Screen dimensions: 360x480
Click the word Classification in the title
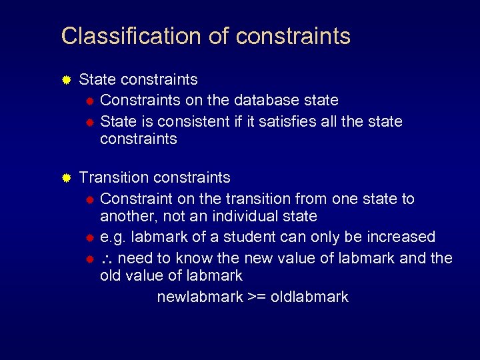[x=131, y=36]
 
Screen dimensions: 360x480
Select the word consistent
[x=193, y=121]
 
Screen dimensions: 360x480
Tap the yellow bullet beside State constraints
[x=66, y=80]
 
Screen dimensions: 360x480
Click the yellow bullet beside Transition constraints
[x=66, y=178]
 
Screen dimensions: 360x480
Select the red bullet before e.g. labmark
[x=90, y=237]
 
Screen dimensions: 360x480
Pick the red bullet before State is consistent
[x=90, y=122]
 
